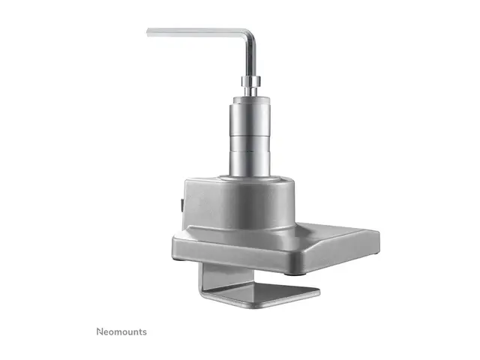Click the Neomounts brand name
click(x=121, y=331)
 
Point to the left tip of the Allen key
click(x=148, y=31)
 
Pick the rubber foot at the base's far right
click(x=373, y=256)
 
